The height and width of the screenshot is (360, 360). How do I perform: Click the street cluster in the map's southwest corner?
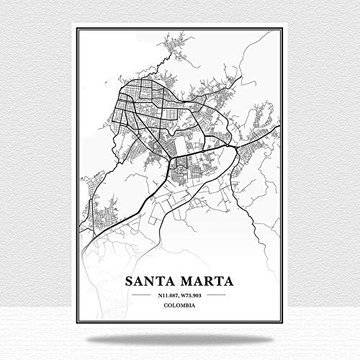tap(97, 216)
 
